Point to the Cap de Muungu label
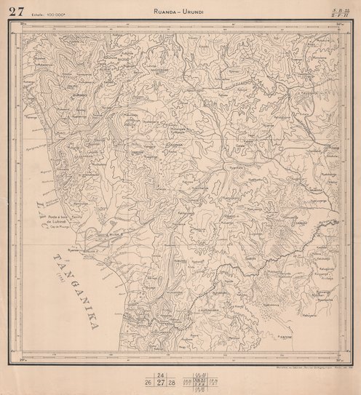click(x=63, y=228)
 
